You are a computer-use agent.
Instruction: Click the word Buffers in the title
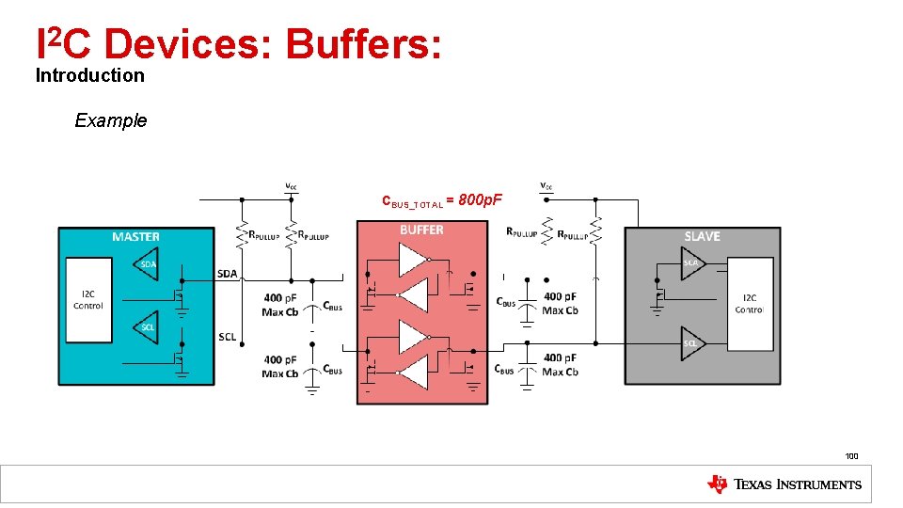tap(363, 44)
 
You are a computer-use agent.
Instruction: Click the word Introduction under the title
tap(90, 75)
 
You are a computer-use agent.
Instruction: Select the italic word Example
tap(111, 120)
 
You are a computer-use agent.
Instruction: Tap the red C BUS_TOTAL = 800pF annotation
tap(442, 200)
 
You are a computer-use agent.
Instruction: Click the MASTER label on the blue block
tap(135, 236)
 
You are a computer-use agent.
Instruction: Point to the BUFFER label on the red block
tap(421, 230)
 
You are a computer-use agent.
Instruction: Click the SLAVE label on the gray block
tap(703, 236)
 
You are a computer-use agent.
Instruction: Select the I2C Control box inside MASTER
tap(88, 298)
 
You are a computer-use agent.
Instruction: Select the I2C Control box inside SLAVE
tap(749, 303)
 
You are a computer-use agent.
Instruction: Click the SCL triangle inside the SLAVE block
tap(693, 342)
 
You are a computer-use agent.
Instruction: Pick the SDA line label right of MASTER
tap(229, 273)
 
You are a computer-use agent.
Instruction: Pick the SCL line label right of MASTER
tap(227, 337)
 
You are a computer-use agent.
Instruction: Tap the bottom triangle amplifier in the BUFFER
tap(412, 373)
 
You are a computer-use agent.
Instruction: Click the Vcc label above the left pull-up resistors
tap(293, 186)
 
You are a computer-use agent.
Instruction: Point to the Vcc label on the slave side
tap(547, 184)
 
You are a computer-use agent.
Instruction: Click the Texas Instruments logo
tap(784, 484)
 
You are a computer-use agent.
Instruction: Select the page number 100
tap(851, 456)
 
